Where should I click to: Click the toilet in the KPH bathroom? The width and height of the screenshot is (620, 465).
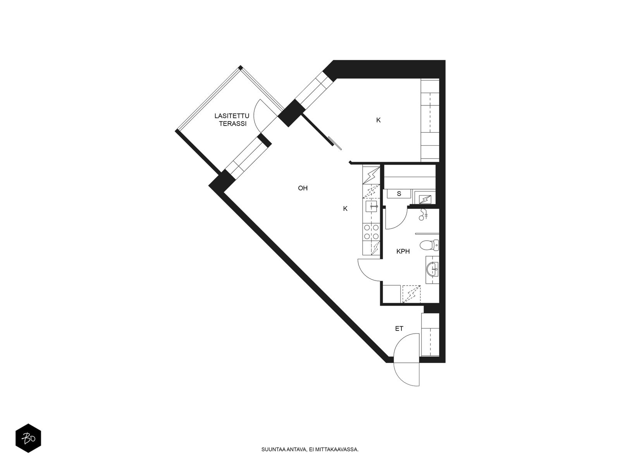[429, 245]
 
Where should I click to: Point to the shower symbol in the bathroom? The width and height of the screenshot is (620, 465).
[424, 214]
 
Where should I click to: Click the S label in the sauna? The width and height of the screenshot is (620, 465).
[399, 194]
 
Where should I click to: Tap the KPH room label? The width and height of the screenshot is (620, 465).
[403, 251]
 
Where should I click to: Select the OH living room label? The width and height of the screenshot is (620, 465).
[303, 188]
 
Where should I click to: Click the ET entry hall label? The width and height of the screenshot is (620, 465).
[399, 329]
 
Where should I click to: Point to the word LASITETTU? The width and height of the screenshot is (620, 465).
[232, 116]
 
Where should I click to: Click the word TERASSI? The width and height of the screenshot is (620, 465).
[233, 124]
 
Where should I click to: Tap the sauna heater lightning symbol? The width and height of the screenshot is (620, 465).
[425, 199]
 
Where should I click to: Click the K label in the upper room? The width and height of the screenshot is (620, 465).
[378, 120]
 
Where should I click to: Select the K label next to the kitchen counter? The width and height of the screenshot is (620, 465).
[345, 208]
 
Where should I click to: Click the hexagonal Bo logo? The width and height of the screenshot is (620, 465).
[28, 438]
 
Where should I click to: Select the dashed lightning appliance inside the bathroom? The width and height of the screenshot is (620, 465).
[412, 294]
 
